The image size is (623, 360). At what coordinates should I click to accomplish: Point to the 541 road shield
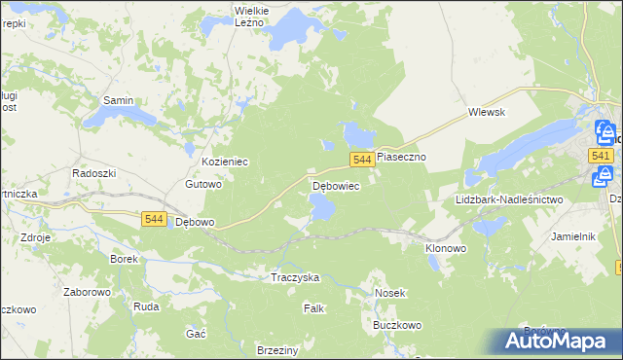coord(601,156)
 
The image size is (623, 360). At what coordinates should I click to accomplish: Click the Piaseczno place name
coord(403,156)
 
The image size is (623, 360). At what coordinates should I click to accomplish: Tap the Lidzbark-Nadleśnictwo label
coord(509,199)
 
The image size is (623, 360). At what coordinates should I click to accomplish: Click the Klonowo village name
coord(446,248)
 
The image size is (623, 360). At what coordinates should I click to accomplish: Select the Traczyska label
coord(295,277)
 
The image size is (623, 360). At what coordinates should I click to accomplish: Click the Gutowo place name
coord(204,183)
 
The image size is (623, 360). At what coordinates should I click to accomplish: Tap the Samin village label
coord(118,100)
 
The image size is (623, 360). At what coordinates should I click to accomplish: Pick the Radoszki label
coord(94,172)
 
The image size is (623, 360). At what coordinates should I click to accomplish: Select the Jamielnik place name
coord(572,236)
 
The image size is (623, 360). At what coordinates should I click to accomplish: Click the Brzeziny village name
coord(276,349)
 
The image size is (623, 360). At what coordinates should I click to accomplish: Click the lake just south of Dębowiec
coord(322,206)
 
